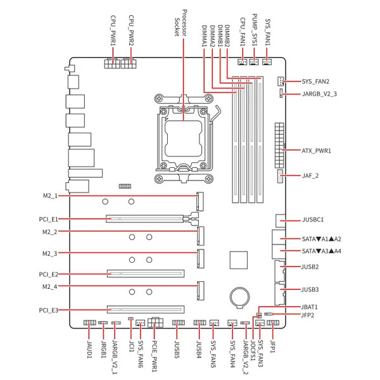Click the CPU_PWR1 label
point(113,30)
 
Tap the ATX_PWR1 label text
point(316,151)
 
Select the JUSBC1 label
point(313,220)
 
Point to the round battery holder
point(239,298)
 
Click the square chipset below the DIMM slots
point(239,260)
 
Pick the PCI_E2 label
point(49,274)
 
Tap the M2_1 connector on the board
point(200,201)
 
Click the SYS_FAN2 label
point(315,82)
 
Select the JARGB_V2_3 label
point(319,94)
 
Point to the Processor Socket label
point(180,23)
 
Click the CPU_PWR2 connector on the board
point(129,63)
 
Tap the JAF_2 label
point(310,175)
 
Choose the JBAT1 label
point(309,307)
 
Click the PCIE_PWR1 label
point(155,356)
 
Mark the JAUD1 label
point(89,349)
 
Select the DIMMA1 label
point(205,36)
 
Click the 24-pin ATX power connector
point(279,146)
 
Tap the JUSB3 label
point(310,289)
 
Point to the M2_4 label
point(49,287)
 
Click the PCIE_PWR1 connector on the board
point(155,322)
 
